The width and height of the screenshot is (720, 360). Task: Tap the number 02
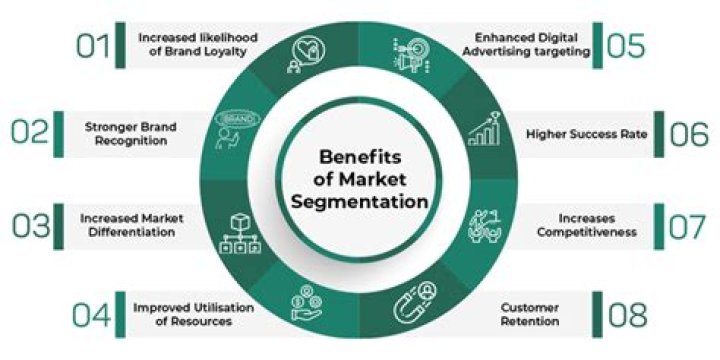click(x=33, y=133)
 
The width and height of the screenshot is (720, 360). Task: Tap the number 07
click(x=689, y=225)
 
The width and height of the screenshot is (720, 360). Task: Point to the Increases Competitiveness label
click(x=584, y=225)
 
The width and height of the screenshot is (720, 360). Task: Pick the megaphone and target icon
click(x=415, y=49)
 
